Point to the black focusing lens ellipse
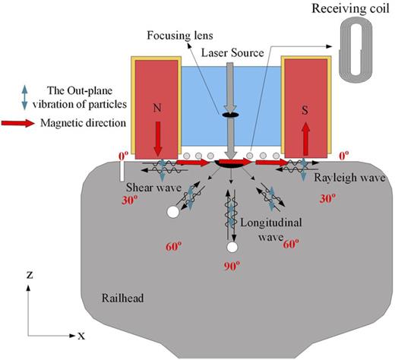coord(228,116)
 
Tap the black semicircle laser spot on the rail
coord(228,162)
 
